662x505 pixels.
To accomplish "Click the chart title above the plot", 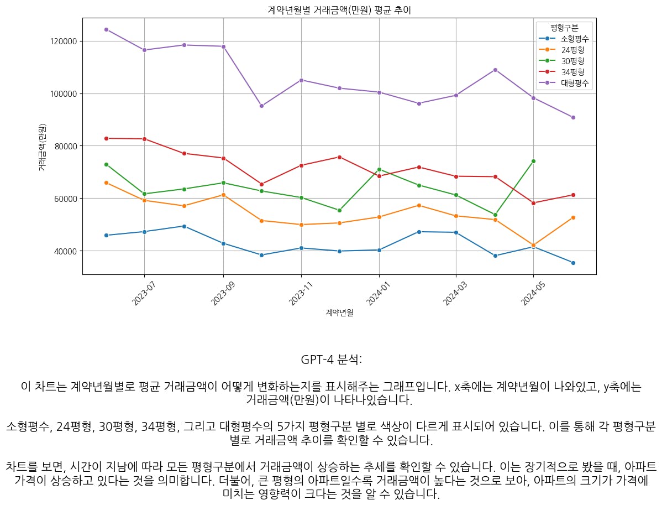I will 339,10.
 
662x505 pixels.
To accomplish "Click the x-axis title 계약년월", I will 339,313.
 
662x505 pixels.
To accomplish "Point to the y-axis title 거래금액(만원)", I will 42,147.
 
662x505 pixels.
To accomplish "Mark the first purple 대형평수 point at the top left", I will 106,29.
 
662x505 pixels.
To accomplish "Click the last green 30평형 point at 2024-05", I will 533,161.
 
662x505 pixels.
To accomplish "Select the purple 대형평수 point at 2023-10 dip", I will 261,106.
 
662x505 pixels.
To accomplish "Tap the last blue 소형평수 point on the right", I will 573,263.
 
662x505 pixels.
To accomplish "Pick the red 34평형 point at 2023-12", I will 339,157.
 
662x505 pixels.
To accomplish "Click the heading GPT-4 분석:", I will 331,360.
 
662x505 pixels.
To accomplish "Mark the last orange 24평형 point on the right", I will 573,217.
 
